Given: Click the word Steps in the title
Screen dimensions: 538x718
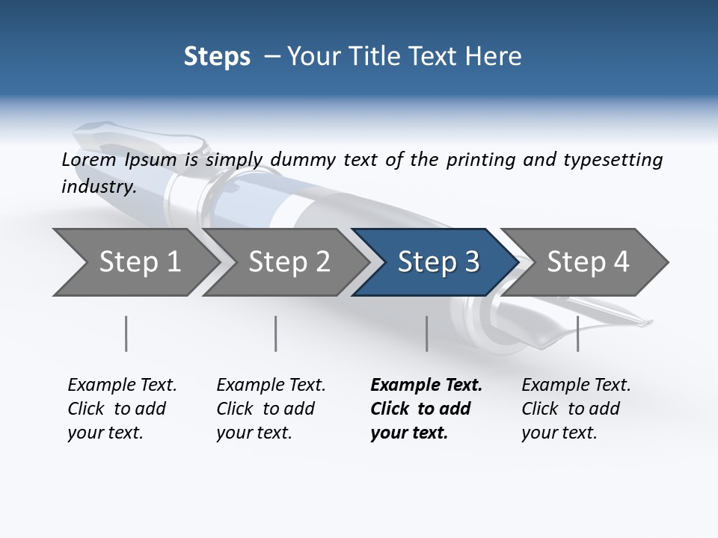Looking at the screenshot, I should [217, 57].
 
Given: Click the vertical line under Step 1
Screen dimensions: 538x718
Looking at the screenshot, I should [126, 333].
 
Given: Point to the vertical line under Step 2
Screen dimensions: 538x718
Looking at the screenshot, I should [276, 333].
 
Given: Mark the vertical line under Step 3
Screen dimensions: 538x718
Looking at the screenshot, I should [427, 333].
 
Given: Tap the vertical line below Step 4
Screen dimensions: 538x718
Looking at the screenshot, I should [578, 333].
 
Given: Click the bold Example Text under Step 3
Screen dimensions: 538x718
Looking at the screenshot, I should [426, 408].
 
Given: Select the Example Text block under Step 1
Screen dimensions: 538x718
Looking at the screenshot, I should [122, 408].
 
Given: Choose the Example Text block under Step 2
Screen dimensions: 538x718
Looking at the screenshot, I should [271, 408].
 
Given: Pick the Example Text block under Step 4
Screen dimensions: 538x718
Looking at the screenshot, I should [576, 408].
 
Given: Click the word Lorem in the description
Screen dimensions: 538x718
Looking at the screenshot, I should [89, 160].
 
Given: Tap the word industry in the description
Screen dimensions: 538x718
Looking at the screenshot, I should [99, 187].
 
